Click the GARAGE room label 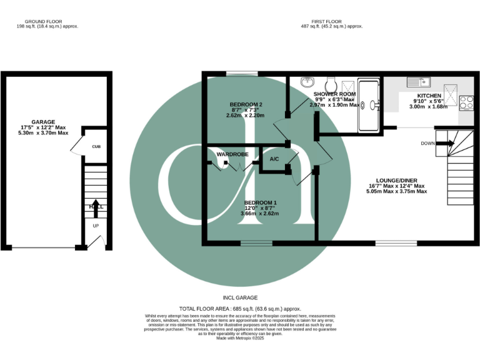[x=44, y=122]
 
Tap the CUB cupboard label [x=96, y=147]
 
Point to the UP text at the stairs [x=96, y=226]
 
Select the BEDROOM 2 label [x=246, y=104]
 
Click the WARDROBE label [x=233, y=153]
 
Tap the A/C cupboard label [x=274, y=159]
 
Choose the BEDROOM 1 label [x=259, y=202]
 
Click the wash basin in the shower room [x=307, y=82]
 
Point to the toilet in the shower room [x=332, y=83]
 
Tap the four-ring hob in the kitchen [x=466, y=102]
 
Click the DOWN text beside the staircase [x=427, y=143]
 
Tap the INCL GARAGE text [x=240, y=297]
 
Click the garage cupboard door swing [x=76, y=147]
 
